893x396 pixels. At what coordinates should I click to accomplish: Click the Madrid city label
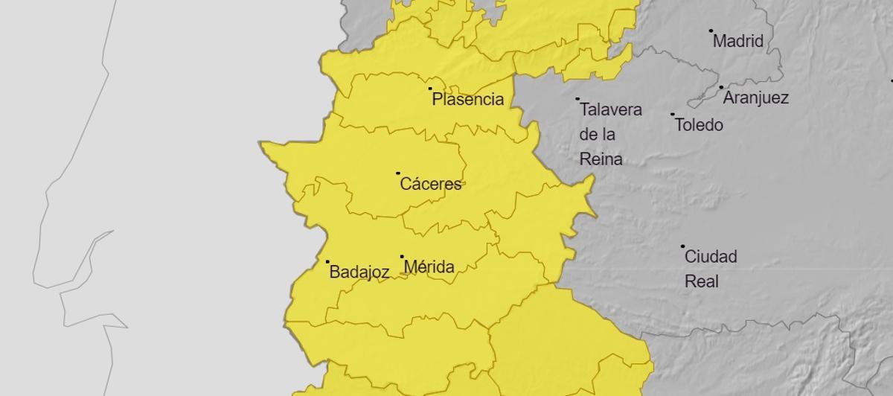click(738, 41)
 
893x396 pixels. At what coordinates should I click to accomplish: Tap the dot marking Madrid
click(711, 31)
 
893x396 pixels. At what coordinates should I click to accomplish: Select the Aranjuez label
click(756, 98)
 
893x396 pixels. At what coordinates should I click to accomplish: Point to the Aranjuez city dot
click(721, 87)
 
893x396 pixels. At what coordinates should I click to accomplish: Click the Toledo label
click(699, 124)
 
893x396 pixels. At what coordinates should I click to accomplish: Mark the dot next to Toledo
click(673, 115)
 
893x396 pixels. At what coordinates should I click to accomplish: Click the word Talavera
click(610, 109)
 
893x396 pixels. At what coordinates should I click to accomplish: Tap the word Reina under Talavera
click(601, 159)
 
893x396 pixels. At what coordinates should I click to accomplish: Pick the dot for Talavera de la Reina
click(577, 98)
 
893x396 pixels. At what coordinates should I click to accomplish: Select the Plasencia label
click(468, 99)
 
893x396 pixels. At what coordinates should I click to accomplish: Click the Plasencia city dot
click(430, 89)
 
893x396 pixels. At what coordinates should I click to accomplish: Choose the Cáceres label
click(431, 184)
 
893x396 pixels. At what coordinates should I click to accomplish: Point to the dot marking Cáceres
click(398, 173)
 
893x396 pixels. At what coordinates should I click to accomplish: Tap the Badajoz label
click(359, 272)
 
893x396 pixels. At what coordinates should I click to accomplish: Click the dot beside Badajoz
click(327, 261)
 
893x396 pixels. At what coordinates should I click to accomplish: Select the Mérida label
click(429, 266)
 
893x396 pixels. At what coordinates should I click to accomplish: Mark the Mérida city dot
click(402, 257)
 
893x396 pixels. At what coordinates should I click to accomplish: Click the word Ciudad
click(711, 257)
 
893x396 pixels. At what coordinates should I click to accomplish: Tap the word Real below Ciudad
click(701, 282)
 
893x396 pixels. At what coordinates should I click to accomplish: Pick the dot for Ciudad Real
click(682, 246)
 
